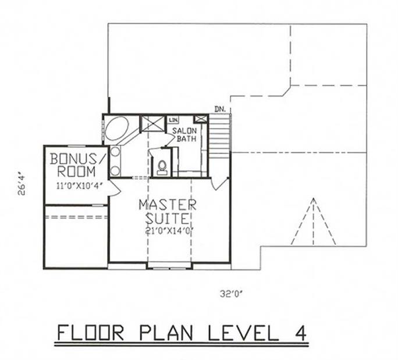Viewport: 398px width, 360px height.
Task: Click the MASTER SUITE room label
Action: coord(167,212)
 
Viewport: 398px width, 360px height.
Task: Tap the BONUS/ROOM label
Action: coord(77,165)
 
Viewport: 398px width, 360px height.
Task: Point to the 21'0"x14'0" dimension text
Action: coord(167,231)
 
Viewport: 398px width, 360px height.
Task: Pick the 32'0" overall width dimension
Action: coord(227,294)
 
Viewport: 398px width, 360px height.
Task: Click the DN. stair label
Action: coord(219,109)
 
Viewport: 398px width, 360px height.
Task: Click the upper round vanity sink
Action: coord(115,154)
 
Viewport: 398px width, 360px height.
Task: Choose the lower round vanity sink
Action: coord(115,170)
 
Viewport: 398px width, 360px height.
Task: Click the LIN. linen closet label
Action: coord(173,120)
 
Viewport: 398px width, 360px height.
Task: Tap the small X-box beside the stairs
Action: coord(201,119)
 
